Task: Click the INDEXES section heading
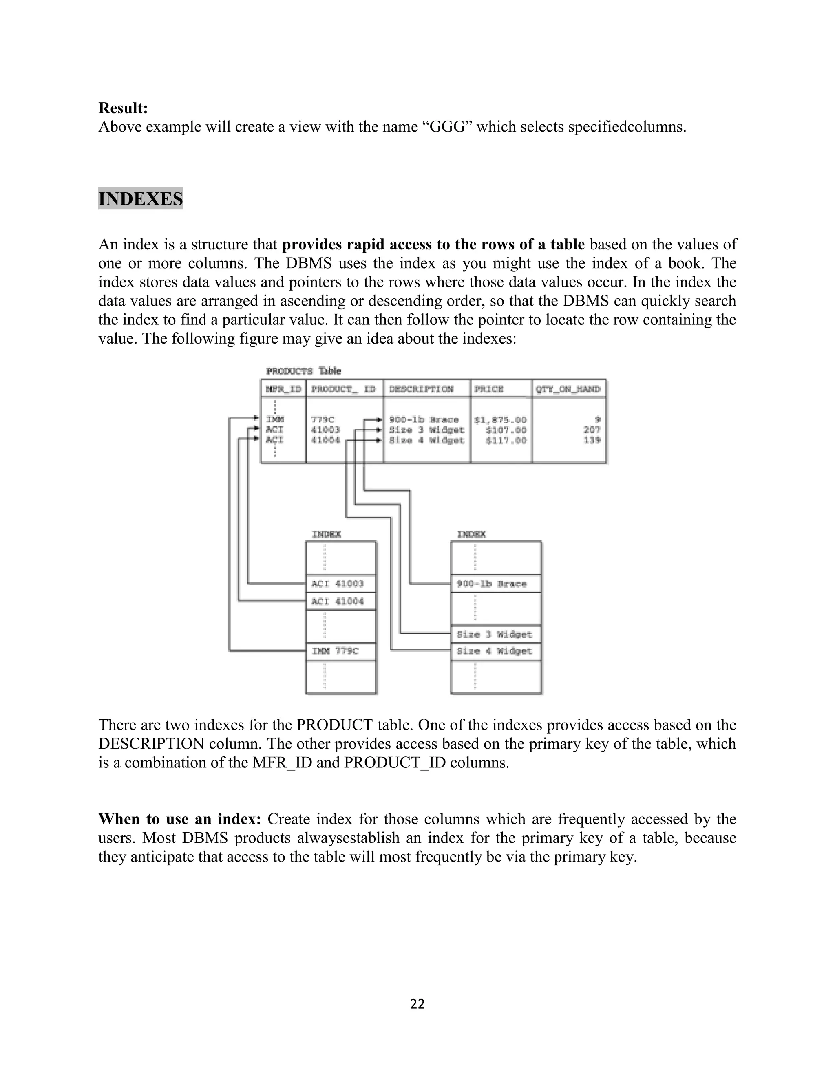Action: (x=141, y=199)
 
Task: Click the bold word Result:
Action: (x=123, y=108)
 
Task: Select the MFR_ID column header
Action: (x=283, y=389)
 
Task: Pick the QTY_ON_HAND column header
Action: (x=568, y=389)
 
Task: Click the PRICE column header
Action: (x=489, y=389)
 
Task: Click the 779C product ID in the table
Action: (x=323, y=420)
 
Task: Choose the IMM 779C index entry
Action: (x=335, y=651)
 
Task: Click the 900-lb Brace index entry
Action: (x=492, y=584)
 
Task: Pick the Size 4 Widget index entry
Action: (x=494, y=651)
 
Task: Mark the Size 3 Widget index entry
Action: (x=494, y=635)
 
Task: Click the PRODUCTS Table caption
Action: (x=303, y=371)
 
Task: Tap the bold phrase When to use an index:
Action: (x=179, y=819)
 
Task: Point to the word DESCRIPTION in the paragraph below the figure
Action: (x=151, y=744)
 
